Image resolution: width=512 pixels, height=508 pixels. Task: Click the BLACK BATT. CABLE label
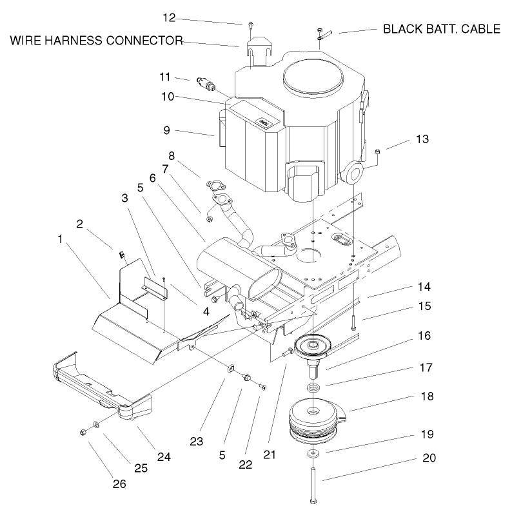441,29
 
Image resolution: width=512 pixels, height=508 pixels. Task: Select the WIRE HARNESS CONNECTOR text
96,41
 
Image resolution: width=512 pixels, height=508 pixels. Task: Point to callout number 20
429,458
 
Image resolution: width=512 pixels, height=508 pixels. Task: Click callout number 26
118,483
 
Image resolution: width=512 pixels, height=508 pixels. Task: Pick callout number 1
59,239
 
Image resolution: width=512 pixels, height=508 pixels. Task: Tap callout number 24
164,457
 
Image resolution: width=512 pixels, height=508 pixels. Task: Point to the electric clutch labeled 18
313,419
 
